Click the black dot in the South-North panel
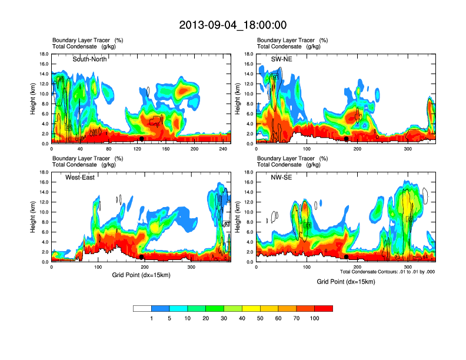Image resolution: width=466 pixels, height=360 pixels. (142, 139)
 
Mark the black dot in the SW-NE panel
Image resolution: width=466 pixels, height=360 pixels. (347, 139)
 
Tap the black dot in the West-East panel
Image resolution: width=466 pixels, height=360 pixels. (142, 257)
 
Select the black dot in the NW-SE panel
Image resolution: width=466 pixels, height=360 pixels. (347, 257)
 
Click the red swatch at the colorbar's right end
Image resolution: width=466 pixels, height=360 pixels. (324, 308)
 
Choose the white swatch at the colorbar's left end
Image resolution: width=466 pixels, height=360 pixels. (142, 308)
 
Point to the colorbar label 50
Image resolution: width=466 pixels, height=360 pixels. (260, 318)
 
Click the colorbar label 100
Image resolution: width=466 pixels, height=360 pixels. (315, 318)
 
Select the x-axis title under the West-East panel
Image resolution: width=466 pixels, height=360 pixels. (139, 275)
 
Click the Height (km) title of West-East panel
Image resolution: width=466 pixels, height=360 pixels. (31, 217)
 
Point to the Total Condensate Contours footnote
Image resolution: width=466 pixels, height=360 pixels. (387, 271)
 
